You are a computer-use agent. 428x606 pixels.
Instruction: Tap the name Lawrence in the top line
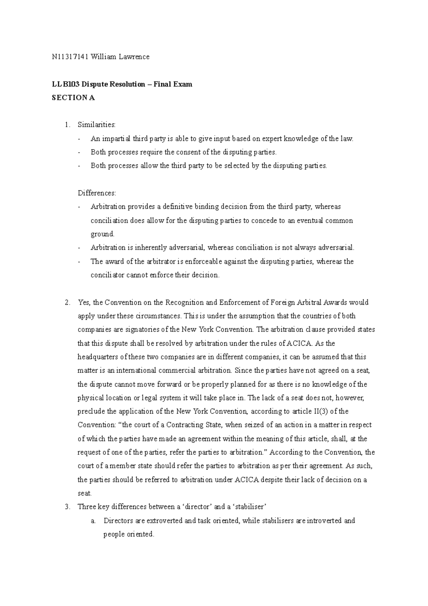pyautogui.click(x=134, y=57)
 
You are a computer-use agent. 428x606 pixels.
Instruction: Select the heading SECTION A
pyautogui.click(x=73, y=98)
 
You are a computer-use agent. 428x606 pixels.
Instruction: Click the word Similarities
pyautogui.click(x=97, y=125)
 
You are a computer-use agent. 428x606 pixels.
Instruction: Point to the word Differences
pyautogui.click(x=97, y=193)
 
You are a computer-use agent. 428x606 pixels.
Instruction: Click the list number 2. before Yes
pyautogui.click(x=67, y=302)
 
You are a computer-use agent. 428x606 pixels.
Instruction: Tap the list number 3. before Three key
pyautogui.click(x=67, y=507)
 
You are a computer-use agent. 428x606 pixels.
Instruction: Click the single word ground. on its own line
pyautogui.click(x=102, y=234)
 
